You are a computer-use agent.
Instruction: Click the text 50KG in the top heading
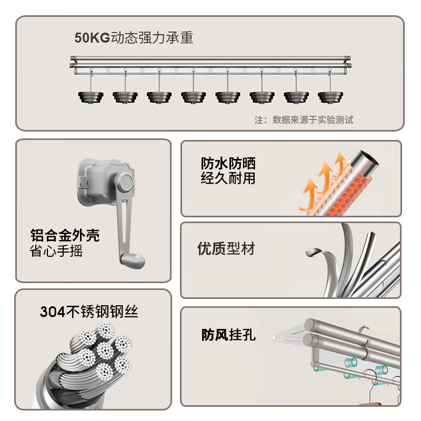point(92,38)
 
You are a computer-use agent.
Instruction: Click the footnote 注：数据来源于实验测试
point(304,120)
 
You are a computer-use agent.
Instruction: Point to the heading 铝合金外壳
point(65,235)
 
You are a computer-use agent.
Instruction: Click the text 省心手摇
point(56,250)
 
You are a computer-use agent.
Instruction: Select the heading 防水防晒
point(228,163)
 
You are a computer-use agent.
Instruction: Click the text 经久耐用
point(228,178)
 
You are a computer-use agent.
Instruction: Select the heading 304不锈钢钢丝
point(89,312)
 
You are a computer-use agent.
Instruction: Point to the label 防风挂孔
point(228,335)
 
